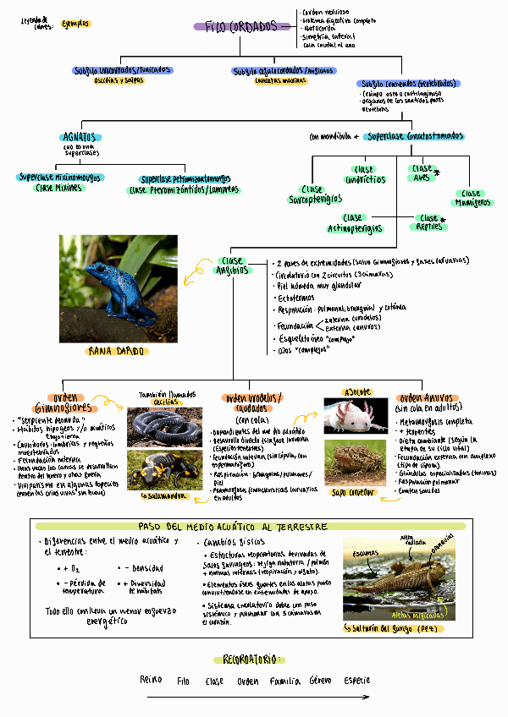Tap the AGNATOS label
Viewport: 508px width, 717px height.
click(x=81, y=137)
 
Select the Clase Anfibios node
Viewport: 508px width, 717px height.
click(x=232, y=265)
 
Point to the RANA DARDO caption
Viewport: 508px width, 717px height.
click(x=118, y=351)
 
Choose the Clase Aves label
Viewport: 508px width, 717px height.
click(x=422, y=173)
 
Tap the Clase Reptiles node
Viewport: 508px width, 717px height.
click(x=429, y=222)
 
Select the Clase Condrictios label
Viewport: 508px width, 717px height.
click(x=363, y=174)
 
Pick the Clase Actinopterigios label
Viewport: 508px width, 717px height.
click(x=354, y=223)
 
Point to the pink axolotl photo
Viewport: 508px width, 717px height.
click(x=356, y=416)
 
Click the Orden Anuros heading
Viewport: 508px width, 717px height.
click(x=428, y=398)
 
